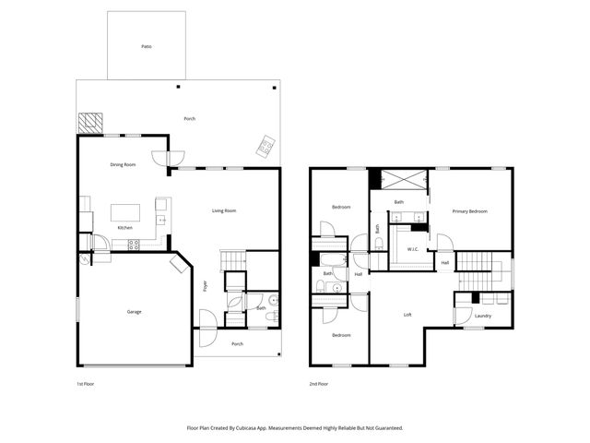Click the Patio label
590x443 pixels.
click(x=146, y=45)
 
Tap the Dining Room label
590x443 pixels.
click(x=123, y=164)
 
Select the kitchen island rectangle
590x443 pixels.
click(x=128, y=213)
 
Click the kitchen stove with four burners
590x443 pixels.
click(x=133, y=245)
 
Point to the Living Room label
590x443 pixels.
click(x=224, y=210)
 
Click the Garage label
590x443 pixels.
click(x=134, y=312)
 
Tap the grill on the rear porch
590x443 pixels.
click(x=265, y=144)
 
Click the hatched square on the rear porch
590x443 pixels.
click(x=89, y=123)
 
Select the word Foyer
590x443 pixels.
click(x=206, y=285)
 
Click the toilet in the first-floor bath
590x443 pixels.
click(x=269, y=317)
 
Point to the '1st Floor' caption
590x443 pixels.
click(x=85, y=382)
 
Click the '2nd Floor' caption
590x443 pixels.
click(x=318, y=382)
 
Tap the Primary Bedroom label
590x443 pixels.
click(x=469, y=211)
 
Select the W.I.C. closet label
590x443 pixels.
click(x=413, y=249)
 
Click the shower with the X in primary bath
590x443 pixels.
click(x=399, y=180)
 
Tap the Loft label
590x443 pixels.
click(x=407, y=315)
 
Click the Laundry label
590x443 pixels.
click(x=483, y=316)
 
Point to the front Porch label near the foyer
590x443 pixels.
click(x=237, y=343)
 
